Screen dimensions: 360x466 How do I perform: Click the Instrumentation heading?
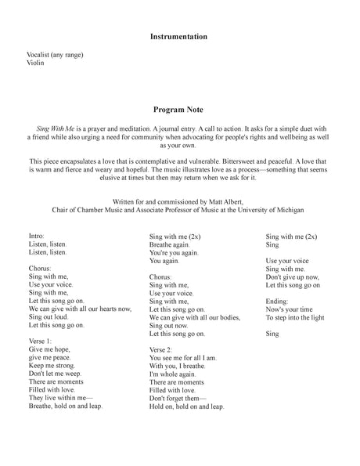pyautogui.click(x=179, y=36)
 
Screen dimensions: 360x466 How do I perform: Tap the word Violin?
pyautogui.click(x=35, y=63)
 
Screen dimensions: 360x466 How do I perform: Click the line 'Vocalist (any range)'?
pyautogui.click(x=55, y=54)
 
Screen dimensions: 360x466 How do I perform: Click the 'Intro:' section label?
pyautogui.click(x=37, y=235)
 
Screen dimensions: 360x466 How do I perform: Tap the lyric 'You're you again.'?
pyautogui.click(x=174, y=252)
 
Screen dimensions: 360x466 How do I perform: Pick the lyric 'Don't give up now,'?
pyautogui.click(x=293, y=276)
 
